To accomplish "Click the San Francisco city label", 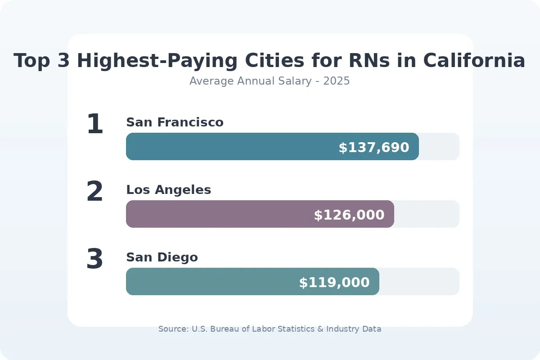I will tap(175, 122).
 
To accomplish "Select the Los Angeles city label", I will tap(168, 190).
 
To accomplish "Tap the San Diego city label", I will tap(162, 257).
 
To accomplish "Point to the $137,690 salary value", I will tap(374, 148).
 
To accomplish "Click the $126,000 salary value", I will tap(349, 215).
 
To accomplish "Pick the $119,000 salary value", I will tap(334, 283).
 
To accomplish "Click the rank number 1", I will tap(95, 125).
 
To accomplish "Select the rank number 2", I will tap(95, 192).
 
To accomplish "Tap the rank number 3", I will tap(95, 260).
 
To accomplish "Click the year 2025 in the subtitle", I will tap(336, 81).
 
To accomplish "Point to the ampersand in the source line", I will tap(320, 329).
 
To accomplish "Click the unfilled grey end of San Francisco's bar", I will tap(439, 147).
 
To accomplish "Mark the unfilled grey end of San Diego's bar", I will tap(419, 282).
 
